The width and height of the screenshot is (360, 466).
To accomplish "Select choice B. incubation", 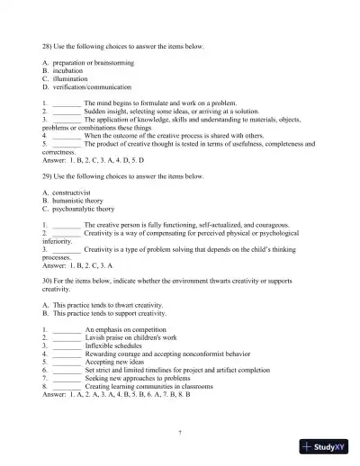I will click(67, 69).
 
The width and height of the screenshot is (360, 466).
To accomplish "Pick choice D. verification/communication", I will click(85, 87).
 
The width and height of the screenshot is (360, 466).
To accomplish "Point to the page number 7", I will click(180, 433).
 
